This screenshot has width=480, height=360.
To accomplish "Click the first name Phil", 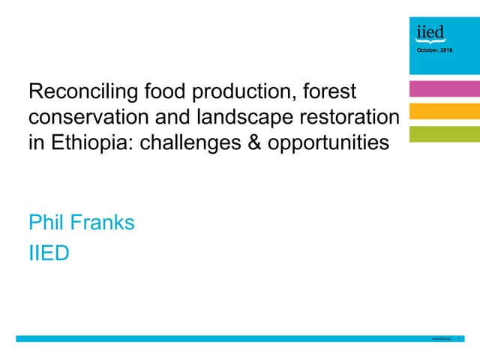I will pos(46,223).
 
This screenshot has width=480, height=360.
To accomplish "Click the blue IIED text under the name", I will pos(48,253).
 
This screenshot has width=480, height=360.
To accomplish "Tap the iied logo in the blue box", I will pos(430,32).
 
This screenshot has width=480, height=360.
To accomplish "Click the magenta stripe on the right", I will pos(444,89).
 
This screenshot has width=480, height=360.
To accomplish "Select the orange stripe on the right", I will pos(444,112).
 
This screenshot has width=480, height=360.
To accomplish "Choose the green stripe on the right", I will pos(444,134).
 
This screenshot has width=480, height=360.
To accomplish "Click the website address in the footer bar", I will pos(442,340).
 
